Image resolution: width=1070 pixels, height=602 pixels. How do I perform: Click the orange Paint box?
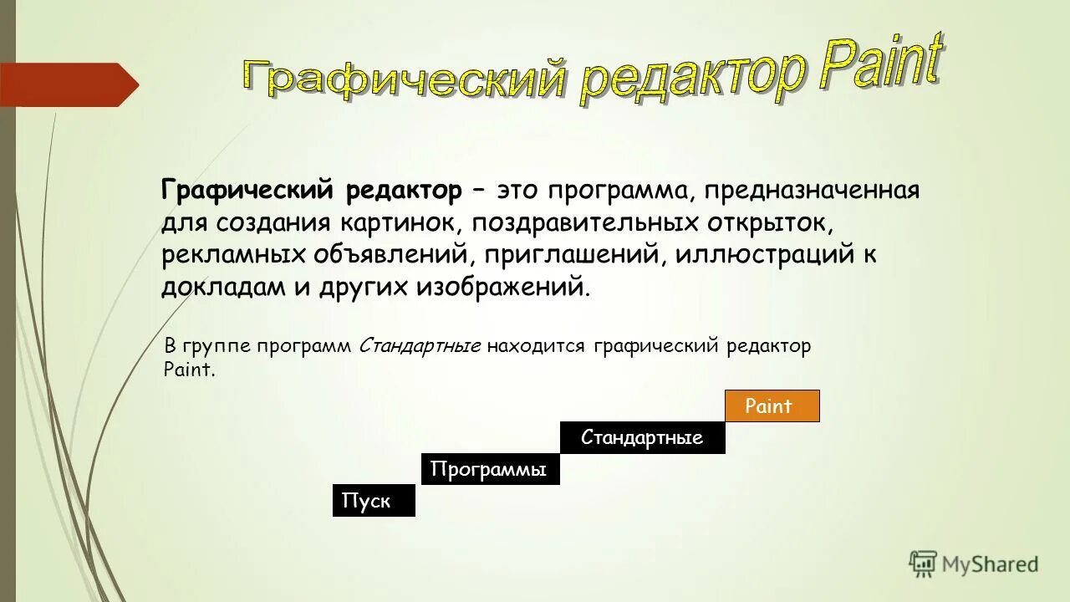[772, 406]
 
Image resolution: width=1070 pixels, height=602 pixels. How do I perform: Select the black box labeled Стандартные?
[642, 438]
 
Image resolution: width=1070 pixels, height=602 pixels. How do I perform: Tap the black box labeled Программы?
[489, 469]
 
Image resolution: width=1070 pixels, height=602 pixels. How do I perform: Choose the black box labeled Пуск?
[374, 501]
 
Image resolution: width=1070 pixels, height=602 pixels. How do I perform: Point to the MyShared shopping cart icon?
[923, 564]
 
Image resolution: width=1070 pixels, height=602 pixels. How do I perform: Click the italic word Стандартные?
[420, 346]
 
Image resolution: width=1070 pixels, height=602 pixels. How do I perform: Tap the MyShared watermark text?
[991, 564]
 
